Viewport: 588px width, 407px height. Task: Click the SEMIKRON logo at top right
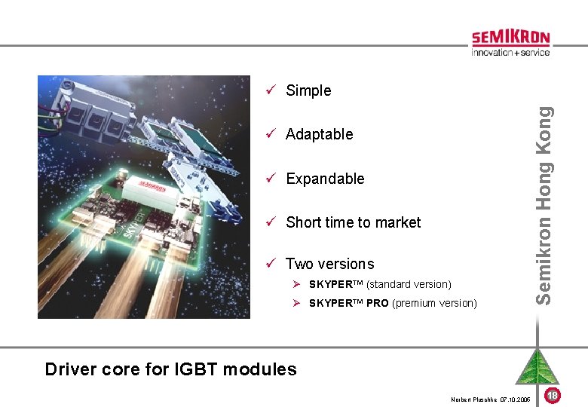tap(510, 38)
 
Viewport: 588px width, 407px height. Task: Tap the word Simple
tap(308, 90)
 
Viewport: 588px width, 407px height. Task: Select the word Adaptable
tap(319, 134)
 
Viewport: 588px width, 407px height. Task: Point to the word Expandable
tap(325, 179)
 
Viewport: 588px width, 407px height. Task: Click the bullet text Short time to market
tap(353, 222)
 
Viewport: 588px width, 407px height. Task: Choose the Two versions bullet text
tap(329, 264)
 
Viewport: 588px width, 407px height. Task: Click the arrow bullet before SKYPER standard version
tap(298, 284)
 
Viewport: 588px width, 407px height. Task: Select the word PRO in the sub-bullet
tap(378, 303)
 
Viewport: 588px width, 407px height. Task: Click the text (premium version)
tap(435, 303)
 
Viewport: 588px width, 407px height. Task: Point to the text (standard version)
tap(409, 284)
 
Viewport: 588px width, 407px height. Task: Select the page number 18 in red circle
tap(552, 396)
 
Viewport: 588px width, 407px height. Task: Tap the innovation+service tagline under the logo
tap(510, 53)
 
